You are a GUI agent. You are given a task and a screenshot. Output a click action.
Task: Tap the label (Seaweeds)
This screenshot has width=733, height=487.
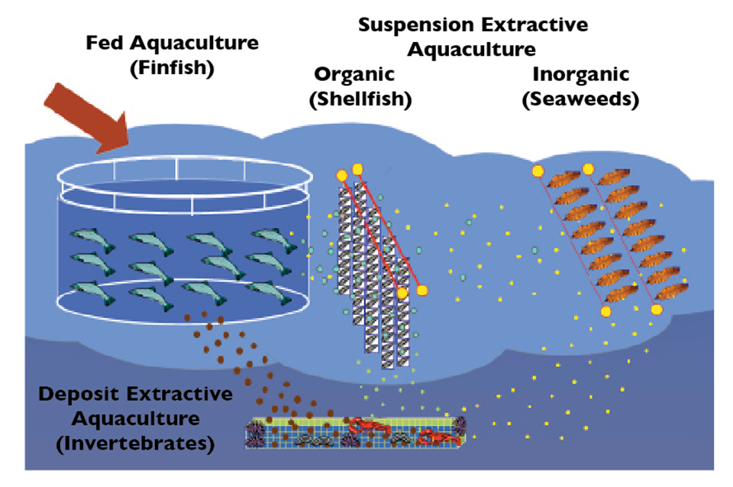coord(580,99)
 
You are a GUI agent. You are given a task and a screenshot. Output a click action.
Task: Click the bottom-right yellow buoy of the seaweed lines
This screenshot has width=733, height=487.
coord(656,310)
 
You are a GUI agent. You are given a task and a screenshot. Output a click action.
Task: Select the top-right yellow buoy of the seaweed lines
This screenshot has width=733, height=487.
coord(588,169)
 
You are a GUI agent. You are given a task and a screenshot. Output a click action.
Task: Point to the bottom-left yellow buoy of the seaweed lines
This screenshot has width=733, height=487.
coord(605,310)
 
